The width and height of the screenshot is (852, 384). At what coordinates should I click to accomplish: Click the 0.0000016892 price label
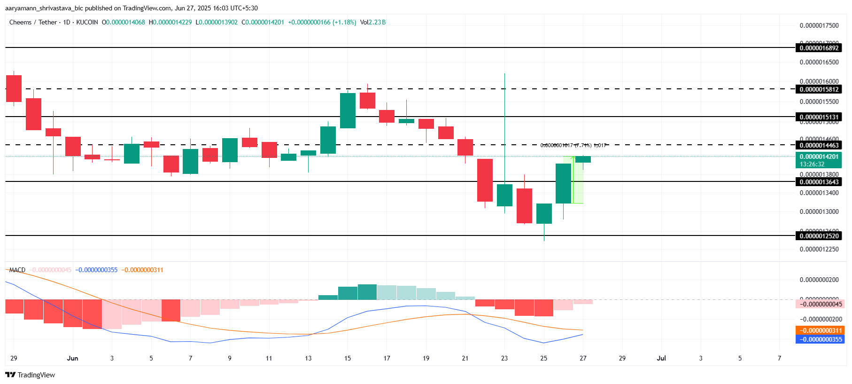click(819, 48)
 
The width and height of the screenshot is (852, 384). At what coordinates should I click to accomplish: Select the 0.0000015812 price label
click(819, 89)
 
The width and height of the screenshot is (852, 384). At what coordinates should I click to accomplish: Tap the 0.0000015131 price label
click(819, 117)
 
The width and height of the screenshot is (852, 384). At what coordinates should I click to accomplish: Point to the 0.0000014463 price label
click(819, 145)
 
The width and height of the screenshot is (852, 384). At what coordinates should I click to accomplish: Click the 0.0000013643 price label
click(819, 182)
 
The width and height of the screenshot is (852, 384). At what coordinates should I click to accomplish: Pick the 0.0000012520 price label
click(819, 236)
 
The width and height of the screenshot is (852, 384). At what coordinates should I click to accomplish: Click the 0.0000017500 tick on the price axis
click(819, 25)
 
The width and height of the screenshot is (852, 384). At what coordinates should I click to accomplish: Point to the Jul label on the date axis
click(661, 358)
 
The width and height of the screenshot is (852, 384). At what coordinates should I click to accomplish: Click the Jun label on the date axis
click(72, 358)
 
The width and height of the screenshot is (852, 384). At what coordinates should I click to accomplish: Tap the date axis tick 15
click(348, 358)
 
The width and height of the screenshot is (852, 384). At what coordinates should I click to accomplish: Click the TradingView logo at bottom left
click(30, 375)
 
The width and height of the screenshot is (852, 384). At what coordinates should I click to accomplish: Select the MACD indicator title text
click(17, 270)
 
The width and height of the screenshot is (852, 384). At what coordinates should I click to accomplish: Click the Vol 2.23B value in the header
click(373, 22)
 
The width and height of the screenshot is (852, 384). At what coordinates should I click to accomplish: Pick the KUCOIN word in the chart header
click(87, 22)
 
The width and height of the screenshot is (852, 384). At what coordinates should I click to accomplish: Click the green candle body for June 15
click(348, 110)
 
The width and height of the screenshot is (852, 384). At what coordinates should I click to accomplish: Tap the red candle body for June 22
click(485, 180)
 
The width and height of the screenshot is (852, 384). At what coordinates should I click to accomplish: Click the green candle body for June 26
click(563, 183)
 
